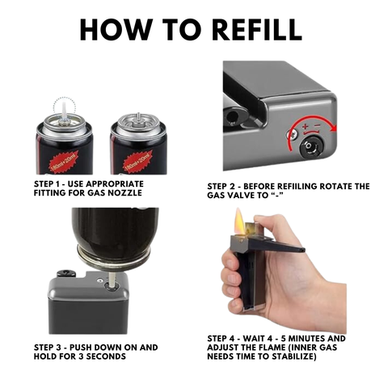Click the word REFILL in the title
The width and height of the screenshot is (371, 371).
257,29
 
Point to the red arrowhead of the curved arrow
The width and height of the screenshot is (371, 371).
334,129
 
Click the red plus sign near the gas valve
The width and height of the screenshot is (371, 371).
305,126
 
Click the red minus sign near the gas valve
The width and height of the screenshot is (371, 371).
318,125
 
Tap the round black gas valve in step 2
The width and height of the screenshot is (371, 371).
310,146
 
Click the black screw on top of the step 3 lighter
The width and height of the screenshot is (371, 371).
65,273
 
